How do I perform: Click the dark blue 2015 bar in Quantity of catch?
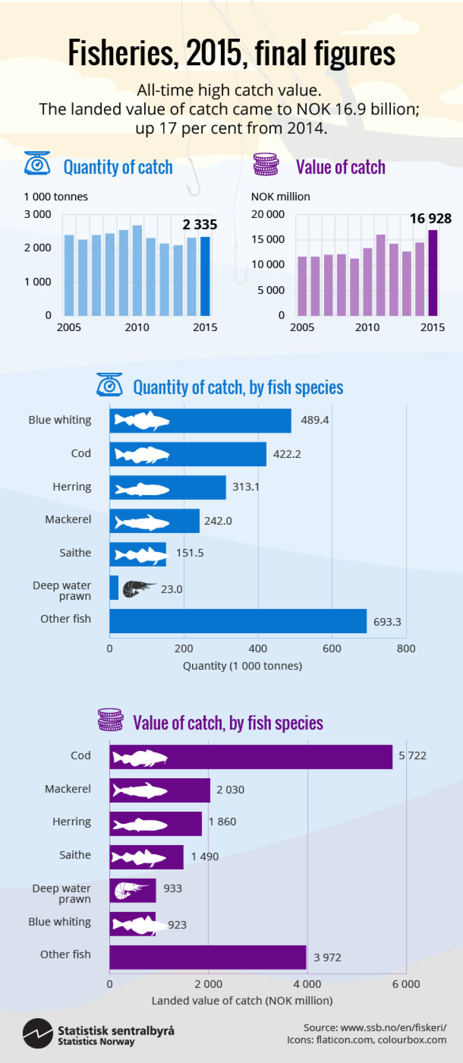[x=205, y=276]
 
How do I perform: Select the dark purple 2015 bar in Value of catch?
[x=433, y=273]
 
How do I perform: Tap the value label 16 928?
[x=430, y=218]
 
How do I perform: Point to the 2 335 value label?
[x=200, y=225]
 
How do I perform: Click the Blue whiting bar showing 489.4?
[x=200, y=421]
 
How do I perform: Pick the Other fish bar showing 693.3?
[x=238, y=621]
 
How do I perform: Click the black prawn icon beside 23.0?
[x=138, y=589]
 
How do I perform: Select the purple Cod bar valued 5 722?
[x=251, y=757]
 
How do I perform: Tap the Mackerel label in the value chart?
[x=68, y=789]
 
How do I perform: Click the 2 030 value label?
[x=230, y=790]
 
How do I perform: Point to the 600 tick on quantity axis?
[x=332, y=649]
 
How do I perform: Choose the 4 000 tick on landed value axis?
[x=307, y=984]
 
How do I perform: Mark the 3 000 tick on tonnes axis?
[x=38, y=215]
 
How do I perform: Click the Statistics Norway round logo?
[x=38, y=1033]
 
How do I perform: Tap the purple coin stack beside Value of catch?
[x=266, y=165]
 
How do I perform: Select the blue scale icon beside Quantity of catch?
[x=37, y=164]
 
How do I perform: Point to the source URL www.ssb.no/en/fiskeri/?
[x=393, y=1027]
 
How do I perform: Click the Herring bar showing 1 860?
[x=155, y=824]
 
